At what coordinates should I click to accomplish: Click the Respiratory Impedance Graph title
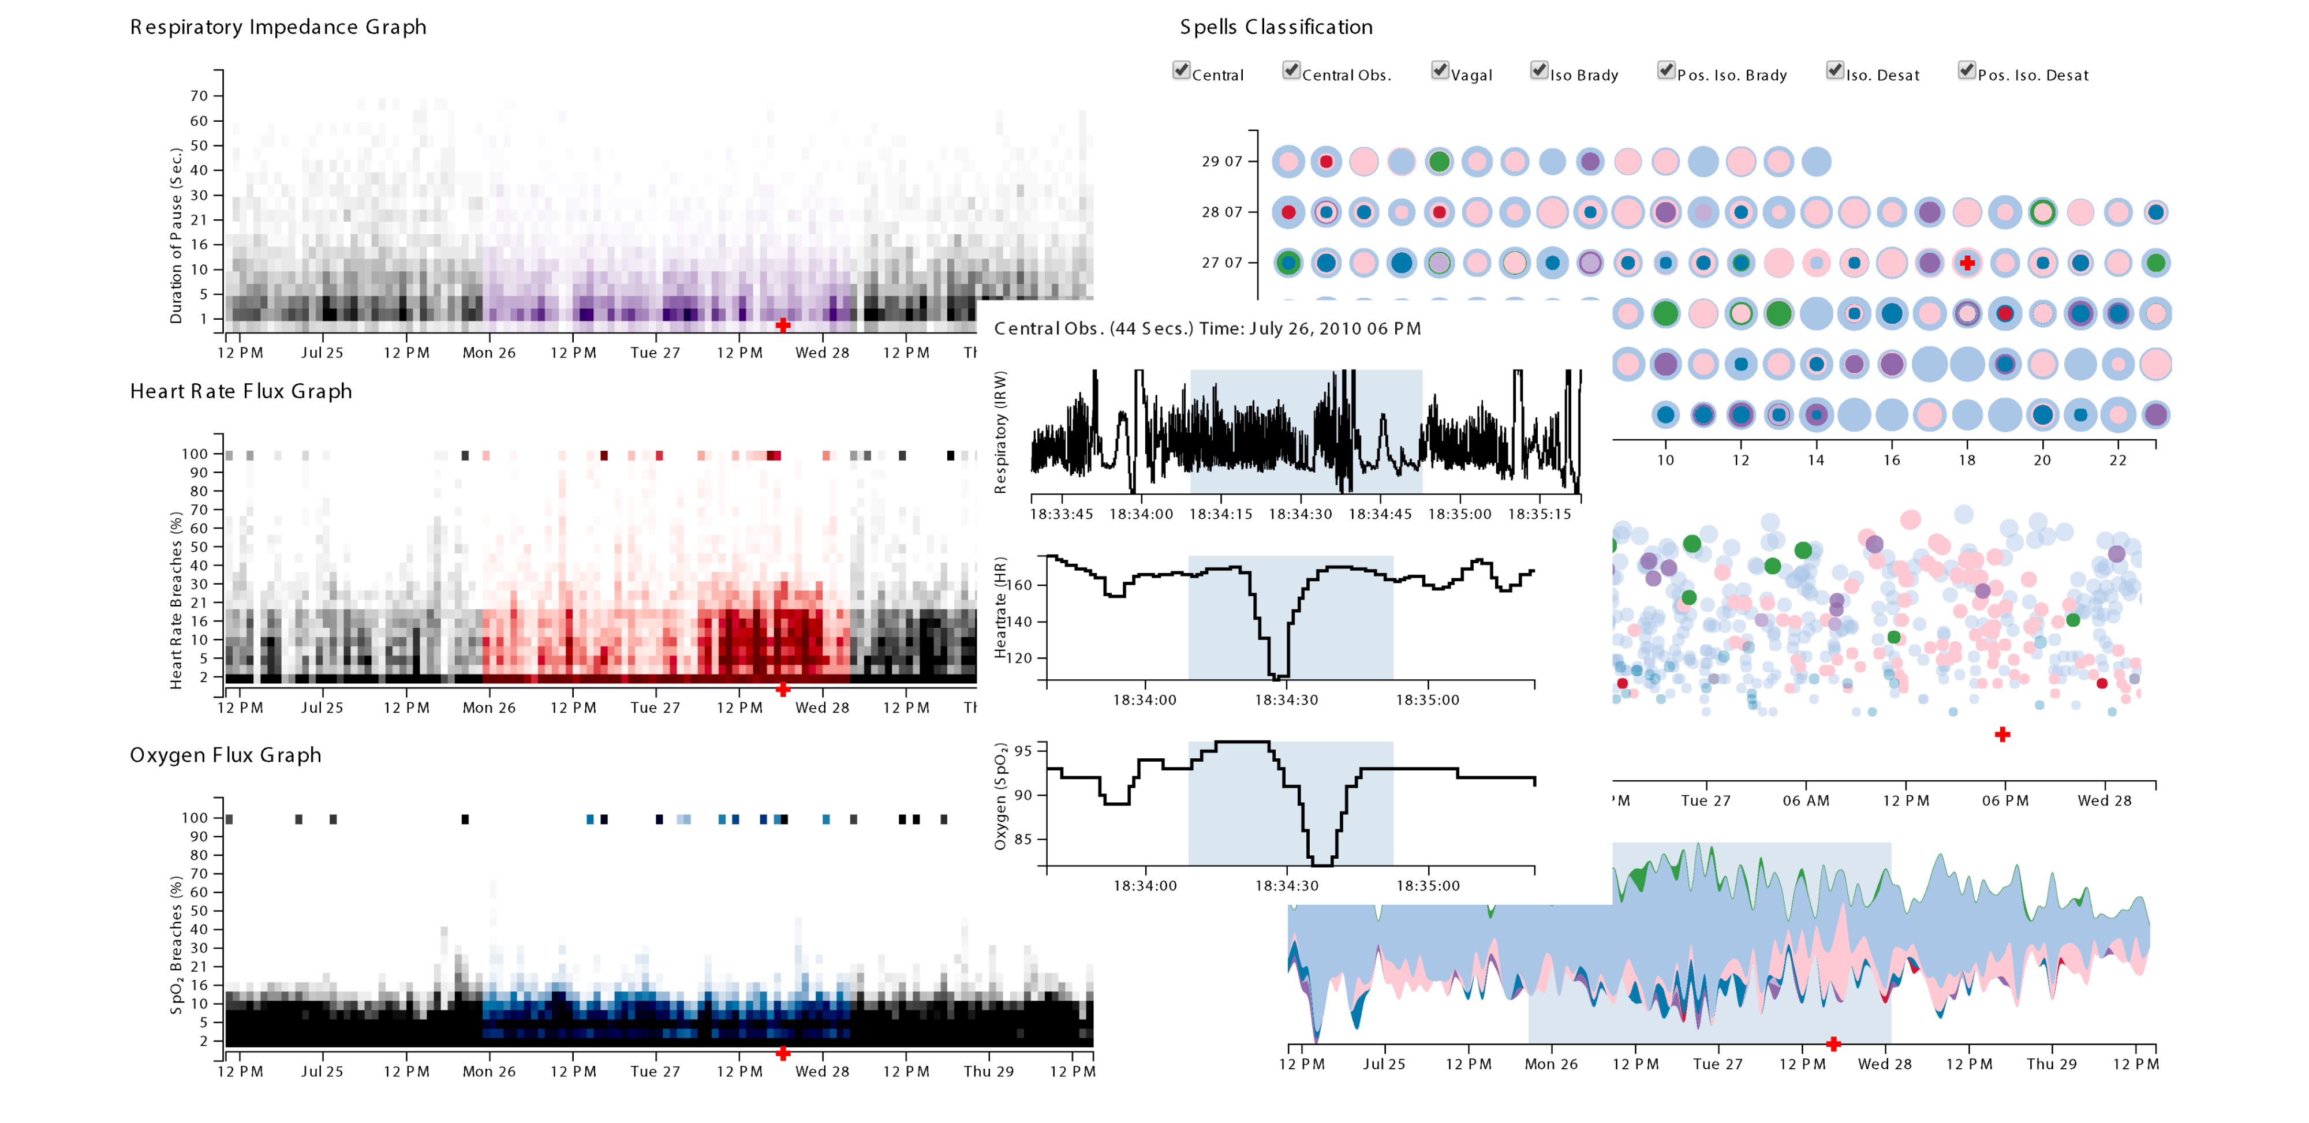click(278, 27)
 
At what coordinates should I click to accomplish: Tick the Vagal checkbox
click(1440, 71)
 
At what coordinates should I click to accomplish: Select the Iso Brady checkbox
click(1539, 71)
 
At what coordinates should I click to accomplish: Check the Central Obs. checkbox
click(1291, 71)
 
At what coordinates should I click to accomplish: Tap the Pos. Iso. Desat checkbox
click(1967, 71)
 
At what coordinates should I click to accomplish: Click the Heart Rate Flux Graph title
click(240, 392)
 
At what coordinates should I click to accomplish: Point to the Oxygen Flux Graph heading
click(225, 755)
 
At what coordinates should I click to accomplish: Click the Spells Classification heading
click(1276, 27)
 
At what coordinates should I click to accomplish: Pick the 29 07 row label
click(1221, 162)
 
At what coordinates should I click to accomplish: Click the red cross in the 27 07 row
click(1967, 263)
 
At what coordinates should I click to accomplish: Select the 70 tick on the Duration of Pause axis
click(199, 96)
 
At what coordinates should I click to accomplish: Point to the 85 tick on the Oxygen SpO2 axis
click(1023, 840)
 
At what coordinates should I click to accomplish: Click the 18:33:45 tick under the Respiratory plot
click(1062, 514)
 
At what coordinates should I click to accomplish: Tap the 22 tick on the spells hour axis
click(2117, 461)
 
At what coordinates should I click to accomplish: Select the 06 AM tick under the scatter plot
click(1805, 801)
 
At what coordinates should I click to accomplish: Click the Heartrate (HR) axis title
click(1000, 608)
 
